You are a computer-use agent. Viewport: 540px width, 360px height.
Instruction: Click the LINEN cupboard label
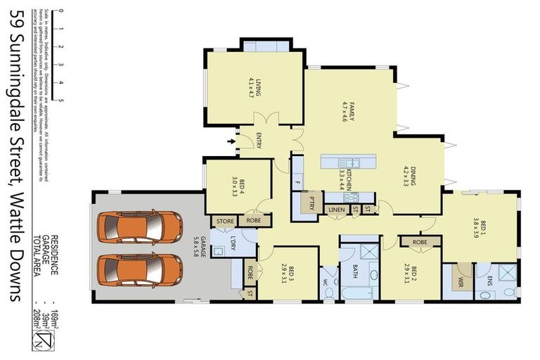(x=337, y=210)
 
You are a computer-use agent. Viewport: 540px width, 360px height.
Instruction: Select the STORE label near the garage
(x=224, y=221)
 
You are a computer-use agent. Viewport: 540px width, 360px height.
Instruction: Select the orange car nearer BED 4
(x=139, y=226)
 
